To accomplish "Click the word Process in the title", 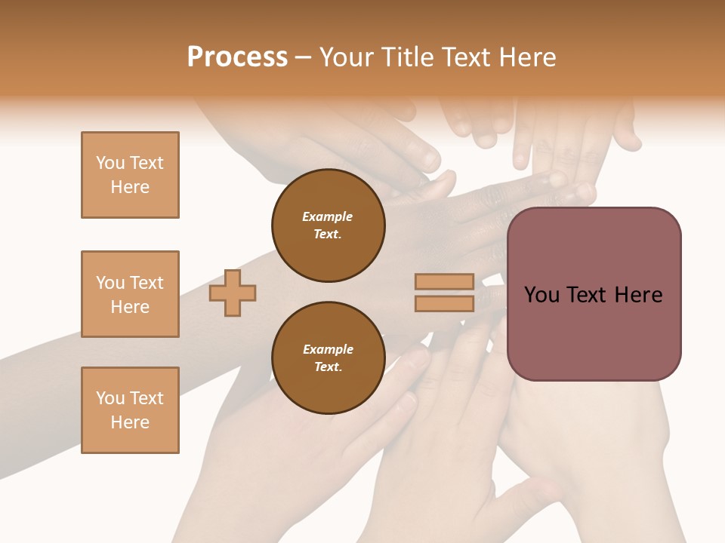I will [237, 57].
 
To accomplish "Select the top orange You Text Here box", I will [130, 175].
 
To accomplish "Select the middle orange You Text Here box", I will [130, 294].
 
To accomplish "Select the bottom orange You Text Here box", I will [130, 410].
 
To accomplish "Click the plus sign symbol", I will [233, 293].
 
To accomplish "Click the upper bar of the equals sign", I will [445, 282].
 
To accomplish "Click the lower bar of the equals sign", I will [445, 304].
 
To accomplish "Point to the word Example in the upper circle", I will [328, 216].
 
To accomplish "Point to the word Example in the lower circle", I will [328, 349].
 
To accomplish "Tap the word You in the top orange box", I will [110, 163].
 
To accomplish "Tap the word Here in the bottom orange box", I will [130, 422].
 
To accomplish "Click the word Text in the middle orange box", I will [147, 283].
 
